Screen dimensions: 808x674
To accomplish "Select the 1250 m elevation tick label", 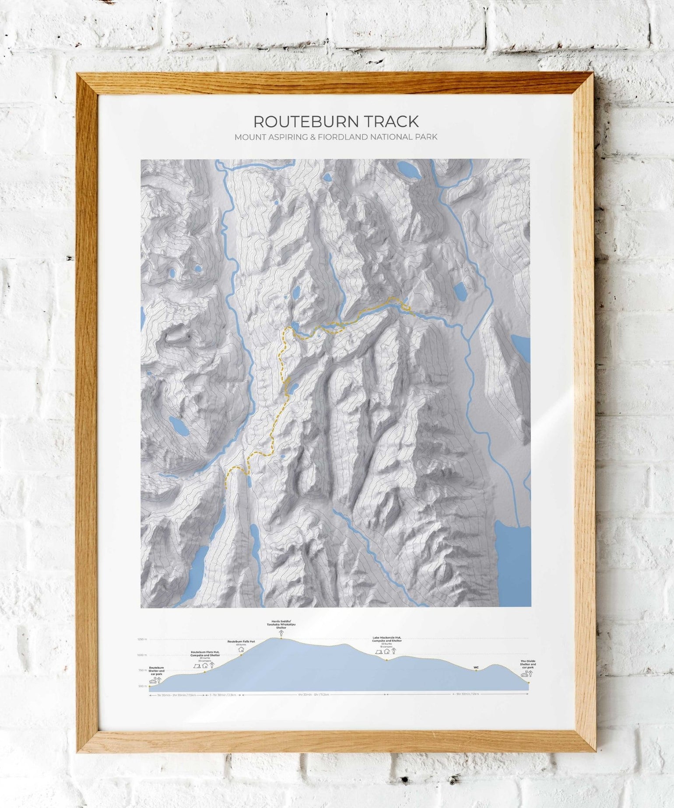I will pyautogui.click(x=142, y=639).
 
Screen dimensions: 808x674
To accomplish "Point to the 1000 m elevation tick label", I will pyautogui.click(x=142, y=655).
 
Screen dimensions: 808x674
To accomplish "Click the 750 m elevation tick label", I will pyautogui.click(x=142, y=670).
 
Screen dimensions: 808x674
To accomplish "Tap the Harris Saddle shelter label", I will pyautogui.click(x=281, y=624).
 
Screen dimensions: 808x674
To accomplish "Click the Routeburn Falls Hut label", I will pyautogui.click(x=241, y=641).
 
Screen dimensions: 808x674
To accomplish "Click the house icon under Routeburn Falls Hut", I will pyautogui.click(x=241, y=649).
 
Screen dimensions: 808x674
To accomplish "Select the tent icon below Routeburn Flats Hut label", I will pyautogui.click(x=197, y=666).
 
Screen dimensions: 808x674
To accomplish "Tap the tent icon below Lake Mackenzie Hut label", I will pyautogui.click(x=379, y=651).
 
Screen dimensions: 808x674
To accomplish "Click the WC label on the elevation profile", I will pyautogui.click(x=476, y=667).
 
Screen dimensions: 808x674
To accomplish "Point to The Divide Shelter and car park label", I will pyautogui.click(x=528, y=664).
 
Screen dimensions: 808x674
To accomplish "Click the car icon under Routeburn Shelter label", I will pyautogui.click(x=153, y=681).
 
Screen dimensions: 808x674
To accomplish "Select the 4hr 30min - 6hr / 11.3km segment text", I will pyautogui.click(x=313, y=695).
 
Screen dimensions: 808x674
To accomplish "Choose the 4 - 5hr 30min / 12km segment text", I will pyautogui.click(x=466, y=694).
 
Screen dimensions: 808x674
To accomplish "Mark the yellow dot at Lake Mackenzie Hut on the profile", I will pyautogui.click(x=386, y=660).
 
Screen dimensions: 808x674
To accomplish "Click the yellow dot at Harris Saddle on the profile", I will pyautogui.click(x=281, y=638).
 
